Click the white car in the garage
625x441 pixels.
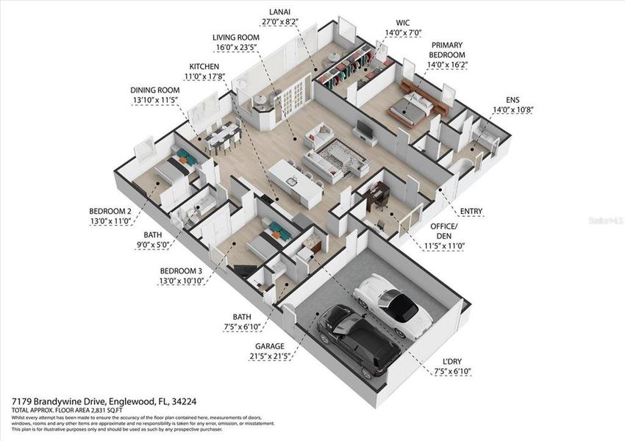click(x=393, y=305)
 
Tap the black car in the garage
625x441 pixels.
click(x=356, y=340)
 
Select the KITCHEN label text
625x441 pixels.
click(x=204, y=67)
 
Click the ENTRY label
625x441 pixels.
click(x=471, y=212)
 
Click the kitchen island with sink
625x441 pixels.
click(x=296, y=180)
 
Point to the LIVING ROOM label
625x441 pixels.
click(x=236, y=37)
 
